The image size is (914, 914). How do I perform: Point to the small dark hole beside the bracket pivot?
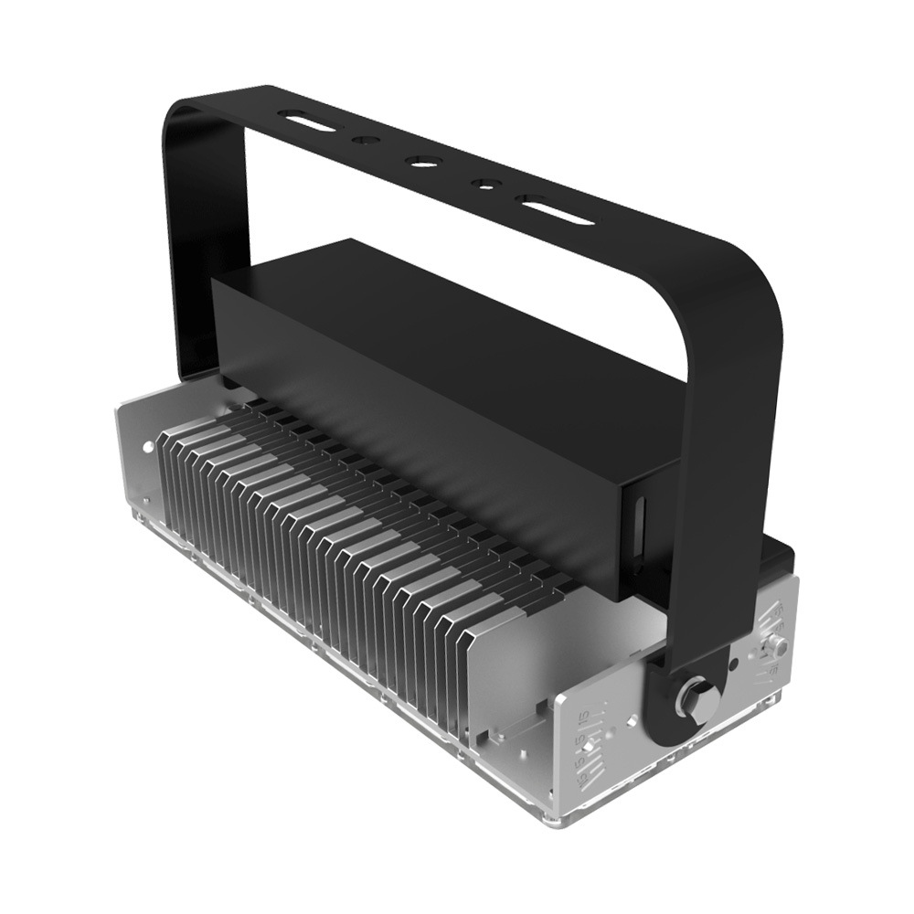point(734,664)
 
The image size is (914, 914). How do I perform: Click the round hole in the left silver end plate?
point(148,447)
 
